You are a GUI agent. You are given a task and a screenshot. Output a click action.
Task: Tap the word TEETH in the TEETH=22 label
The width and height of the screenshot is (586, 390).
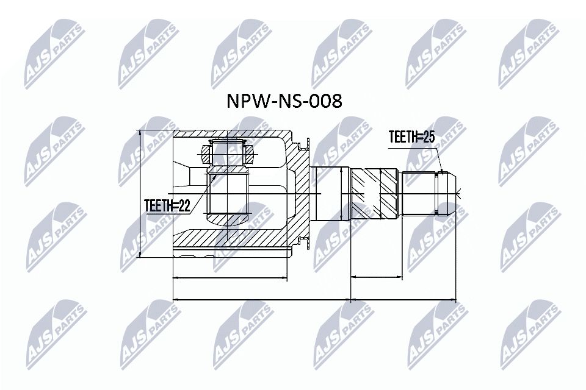click(x=157, y=207)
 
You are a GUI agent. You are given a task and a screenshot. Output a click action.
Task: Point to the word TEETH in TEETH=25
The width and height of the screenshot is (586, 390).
click(x=402, y=138)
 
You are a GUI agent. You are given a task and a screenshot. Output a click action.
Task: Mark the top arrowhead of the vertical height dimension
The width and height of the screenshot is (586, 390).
click(x=141, y=133)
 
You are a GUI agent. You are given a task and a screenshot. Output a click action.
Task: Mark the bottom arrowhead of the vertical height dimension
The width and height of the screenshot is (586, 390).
click(x=141, y=257)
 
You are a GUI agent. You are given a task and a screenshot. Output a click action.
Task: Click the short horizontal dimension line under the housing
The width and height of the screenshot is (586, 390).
click(x=230, y=278)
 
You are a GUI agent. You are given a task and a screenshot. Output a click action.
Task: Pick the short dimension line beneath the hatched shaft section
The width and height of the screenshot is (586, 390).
click(x=377, y=278)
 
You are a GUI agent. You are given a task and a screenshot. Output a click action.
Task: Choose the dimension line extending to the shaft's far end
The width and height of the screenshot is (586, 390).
click(x=403, y=300)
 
